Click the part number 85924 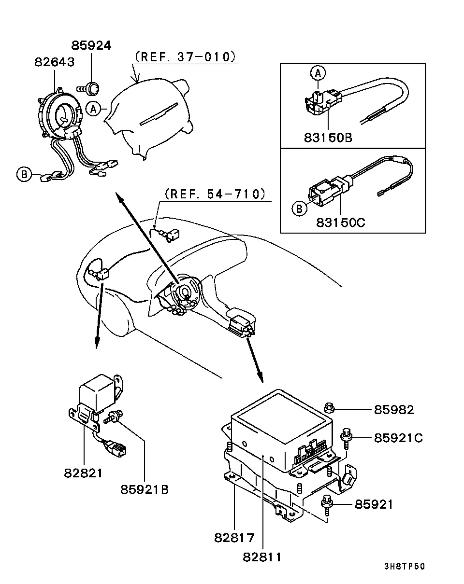(x=91, y=45)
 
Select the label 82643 (x=54, y=62)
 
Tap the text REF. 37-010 (x=186, y=57)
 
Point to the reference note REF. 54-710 (x=215, y=194)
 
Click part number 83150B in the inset (x=328, y=138)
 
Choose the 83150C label (x=341, y=222)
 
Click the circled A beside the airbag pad (x=93, y=109)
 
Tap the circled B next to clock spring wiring (x=24, y=174)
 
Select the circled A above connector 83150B (x=318, y=73)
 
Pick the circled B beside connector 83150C (x=299, y=209)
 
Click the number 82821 (x=83, y=473)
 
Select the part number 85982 (x=394, y=410)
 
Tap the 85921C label (x=398, y=438)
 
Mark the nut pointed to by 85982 (x=329, y=408)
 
